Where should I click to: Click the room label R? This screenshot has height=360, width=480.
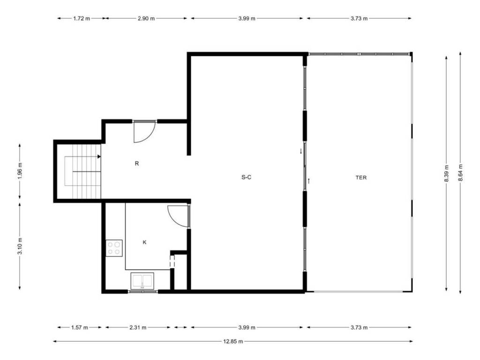coord(137,164)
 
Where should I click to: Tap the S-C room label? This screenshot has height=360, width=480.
coord(247,177)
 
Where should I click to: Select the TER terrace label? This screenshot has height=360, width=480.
coord(361,178)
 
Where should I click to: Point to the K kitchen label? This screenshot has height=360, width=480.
coord(144,242)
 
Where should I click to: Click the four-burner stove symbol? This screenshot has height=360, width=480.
coord(114,248)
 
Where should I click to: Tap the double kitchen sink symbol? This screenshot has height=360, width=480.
coord(142,281)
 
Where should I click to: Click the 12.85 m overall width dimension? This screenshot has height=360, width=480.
coord(233,341)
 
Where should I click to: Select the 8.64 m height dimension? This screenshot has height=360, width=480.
coord(460,173)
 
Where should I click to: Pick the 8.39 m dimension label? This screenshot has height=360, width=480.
coord(446,173)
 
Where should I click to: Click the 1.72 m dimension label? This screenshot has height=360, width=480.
coord(82,18)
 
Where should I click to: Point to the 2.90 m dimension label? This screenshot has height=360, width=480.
coord(146,18)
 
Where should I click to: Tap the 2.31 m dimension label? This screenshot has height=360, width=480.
coord(138,328)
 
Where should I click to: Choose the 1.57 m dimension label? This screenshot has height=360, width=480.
coord(80,328)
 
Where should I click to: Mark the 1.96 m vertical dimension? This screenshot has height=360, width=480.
coord(20,172)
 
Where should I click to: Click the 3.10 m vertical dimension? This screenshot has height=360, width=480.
coord(20,246)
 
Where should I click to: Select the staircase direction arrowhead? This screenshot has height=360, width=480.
coord(99,157)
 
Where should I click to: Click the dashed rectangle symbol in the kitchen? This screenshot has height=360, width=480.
coord(172,262)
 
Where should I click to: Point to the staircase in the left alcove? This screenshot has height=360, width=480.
coord(82,172)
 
